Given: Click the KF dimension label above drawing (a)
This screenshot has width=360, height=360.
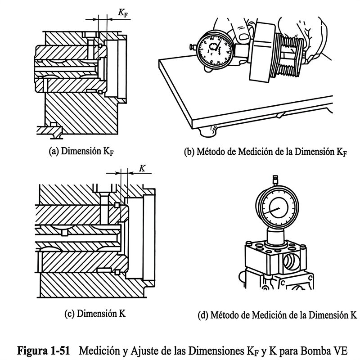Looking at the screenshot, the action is tap(123, 13).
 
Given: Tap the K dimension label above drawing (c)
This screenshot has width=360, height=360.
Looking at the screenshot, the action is tap(142, 168).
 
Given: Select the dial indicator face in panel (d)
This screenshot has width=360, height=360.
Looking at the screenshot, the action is tap(277, 207).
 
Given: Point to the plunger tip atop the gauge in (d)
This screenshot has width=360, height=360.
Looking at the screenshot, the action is tap(275, 180).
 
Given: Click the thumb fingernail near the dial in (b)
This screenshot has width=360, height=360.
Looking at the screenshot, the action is tap(244, 36).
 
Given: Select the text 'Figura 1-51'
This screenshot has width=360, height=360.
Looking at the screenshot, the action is tap(43, 351).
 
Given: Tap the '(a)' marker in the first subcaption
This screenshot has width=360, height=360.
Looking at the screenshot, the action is tap(54, 152).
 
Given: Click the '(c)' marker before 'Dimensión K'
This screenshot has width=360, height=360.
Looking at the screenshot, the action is tap(70, 314).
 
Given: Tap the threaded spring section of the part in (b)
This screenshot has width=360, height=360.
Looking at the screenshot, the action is tap(290, 57).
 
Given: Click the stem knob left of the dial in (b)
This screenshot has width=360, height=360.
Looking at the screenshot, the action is tap(193, 47).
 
